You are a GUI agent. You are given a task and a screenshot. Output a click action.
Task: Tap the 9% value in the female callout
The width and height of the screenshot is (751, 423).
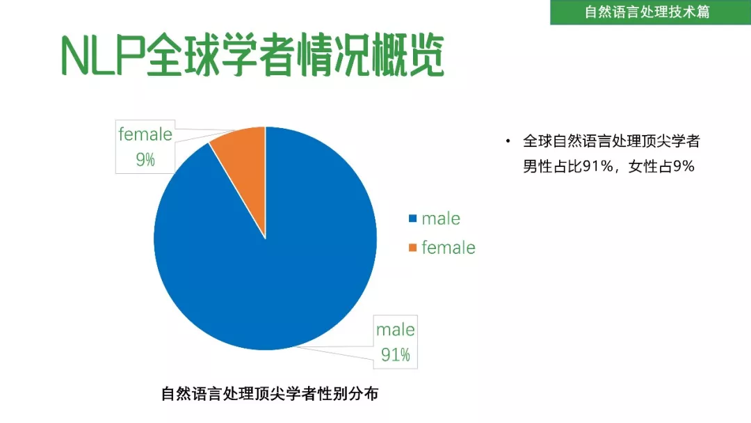click(145, 159)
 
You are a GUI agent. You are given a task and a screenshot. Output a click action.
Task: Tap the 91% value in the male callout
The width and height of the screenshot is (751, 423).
click(396, 355)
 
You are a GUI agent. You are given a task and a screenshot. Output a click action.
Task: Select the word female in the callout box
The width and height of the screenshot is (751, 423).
click(145, 134)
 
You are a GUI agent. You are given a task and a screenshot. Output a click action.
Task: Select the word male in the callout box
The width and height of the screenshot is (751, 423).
click(396, 330)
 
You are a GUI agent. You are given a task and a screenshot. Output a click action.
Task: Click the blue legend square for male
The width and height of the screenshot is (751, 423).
click(412, 218)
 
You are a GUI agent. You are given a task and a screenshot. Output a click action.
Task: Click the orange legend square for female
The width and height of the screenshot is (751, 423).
click(412, 247)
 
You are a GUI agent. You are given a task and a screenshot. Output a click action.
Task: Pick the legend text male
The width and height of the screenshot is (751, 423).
click(441, 218)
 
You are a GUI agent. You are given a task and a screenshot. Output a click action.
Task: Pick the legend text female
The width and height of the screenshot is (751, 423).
click(449, 248)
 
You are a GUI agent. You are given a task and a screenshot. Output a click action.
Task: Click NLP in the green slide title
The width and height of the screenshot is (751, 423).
click(103, 56)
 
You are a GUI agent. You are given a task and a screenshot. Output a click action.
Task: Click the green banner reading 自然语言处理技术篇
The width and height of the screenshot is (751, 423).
click(650, 12)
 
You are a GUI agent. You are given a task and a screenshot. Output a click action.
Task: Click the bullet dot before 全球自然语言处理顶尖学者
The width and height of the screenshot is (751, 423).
click(508, 141)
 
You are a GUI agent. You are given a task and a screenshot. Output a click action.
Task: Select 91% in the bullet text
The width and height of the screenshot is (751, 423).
click(598, 166)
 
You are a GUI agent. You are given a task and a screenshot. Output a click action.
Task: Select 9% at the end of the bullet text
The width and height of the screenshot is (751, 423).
click(684, 166)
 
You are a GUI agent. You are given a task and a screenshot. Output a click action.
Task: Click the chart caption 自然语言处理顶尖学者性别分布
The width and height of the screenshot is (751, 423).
click(270, 394)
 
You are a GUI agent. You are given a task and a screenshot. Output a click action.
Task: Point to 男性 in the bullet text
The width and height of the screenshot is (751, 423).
click(538, 166)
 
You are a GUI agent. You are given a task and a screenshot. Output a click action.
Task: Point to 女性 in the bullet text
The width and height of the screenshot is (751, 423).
click(643, 166)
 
